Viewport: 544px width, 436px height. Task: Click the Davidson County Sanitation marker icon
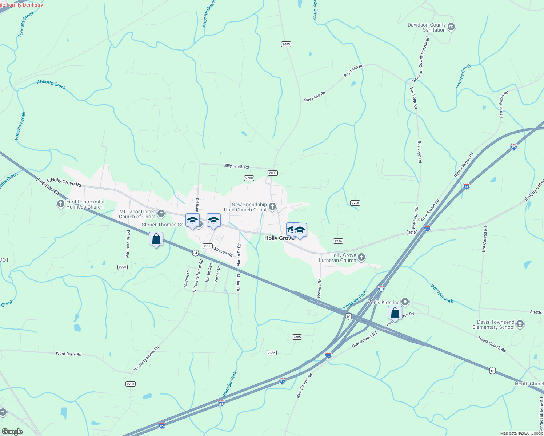[x=451, y=27]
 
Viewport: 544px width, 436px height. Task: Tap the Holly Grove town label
[x=279, y=238]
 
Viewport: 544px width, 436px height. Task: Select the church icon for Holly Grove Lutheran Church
[x=361, y=258]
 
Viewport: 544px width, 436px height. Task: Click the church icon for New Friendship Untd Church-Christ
[x=272, y=207]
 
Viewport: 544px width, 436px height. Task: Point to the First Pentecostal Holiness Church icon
[x=61, y=204]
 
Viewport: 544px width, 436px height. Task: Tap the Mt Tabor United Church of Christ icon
[x=161, y=214]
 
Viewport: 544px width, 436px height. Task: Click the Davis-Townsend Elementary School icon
[x=520, y=324]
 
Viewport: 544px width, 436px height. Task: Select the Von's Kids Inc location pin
[x=405, y=302]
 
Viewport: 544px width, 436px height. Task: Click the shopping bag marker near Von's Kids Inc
[x=395, y=313]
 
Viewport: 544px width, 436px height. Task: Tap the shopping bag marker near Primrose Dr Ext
[x=156, y=239]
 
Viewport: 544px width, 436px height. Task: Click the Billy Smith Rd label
[x=236, y=166]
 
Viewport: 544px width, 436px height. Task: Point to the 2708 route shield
[x=249, y=178]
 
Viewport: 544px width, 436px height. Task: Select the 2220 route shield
[x=123, y=267]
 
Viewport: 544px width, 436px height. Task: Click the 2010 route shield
[x=412, y=233]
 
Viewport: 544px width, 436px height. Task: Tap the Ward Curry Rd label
[x=68, y=354]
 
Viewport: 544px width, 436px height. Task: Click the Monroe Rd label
[x=223, y=251]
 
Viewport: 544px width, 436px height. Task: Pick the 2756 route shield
[x=338, y=241]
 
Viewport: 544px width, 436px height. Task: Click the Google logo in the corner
[x=12, y=432]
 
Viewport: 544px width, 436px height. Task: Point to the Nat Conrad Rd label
[x=484, y=239]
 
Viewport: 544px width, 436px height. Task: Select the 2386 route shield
[x=271, y=352]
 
